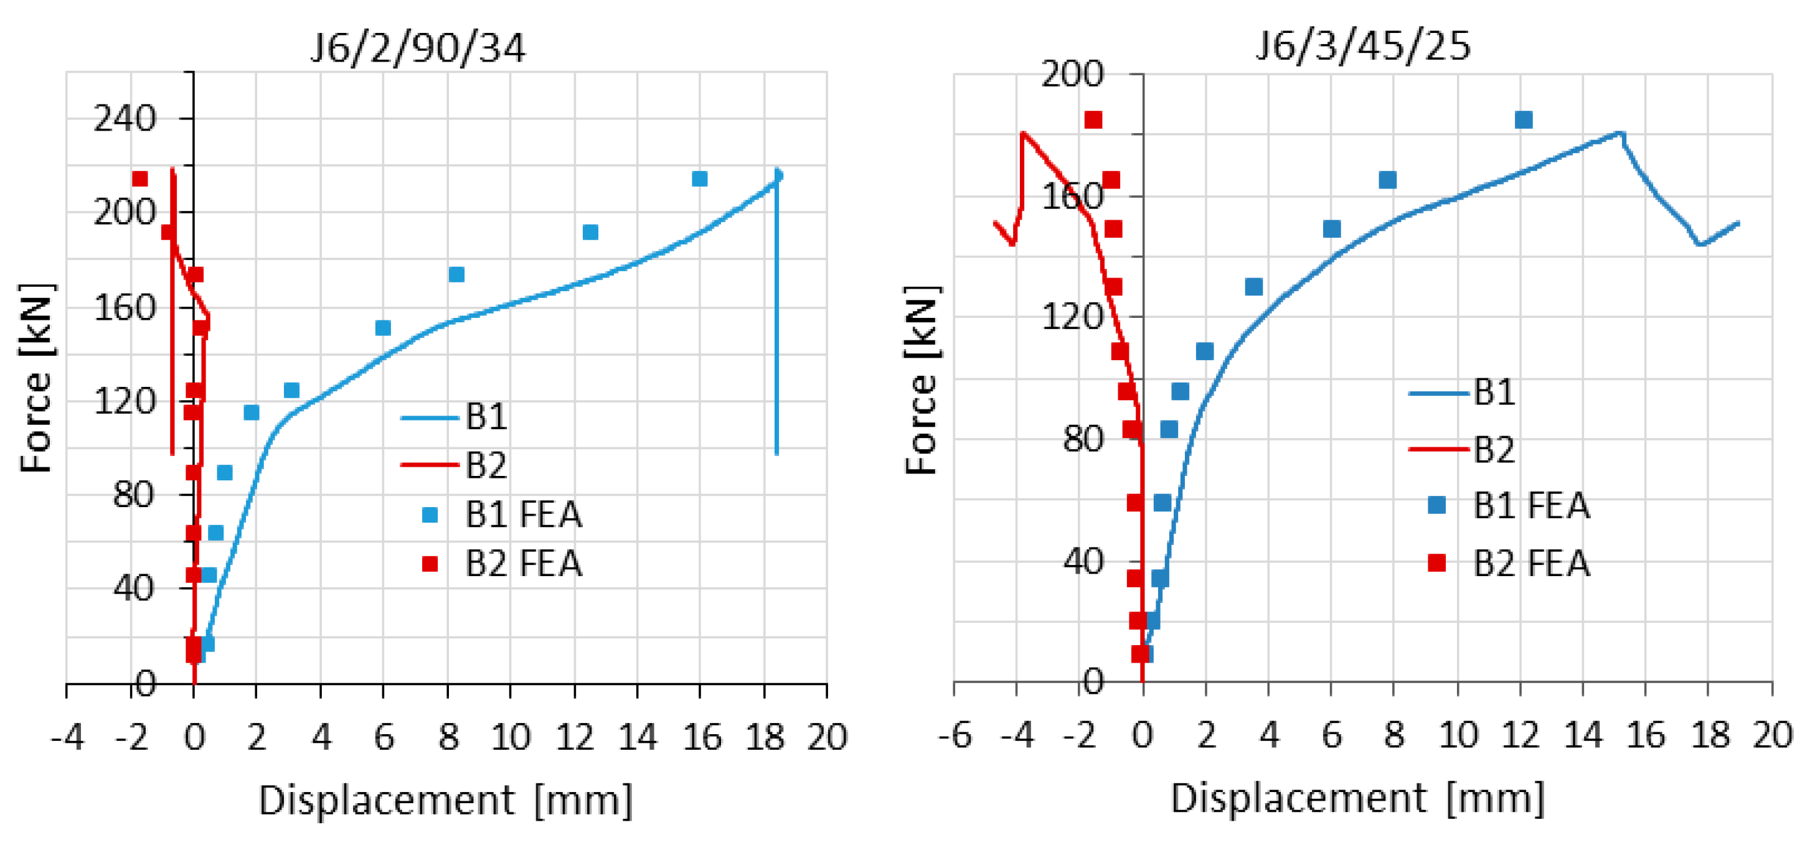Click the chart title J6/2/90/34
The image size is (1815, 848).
[418, 49]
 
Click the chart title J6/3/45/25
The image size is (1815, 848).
[1364, 46]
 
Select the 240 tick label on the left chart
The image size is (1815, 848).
[124, 118]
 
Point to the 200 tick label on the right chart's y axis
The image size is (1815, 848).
[1072, 74]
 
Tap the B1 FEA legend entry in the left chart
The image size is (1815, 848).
[523, 514]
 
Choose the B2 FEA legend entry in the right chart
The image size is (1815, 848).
[1531, 563]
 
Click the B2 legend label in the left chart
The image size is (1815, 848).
[486, 465]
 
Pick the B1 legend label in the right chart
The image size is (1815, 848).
[1494, 391]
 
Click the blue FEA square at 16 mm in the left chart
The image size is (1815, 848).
[699, 179]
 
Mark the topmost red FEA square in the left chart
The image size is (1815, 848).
[140, 179]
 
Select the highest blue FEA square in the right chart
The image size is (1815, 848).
[1524, 119]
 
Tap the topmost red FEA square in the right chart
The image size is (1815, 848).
[1093, 119]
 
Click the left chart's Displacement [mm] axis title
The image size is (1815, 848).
[445, 801]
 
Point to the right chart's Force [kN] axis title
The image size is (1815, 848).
[922, 380]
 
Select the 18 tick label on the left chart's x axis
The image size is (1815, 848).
[765, 737]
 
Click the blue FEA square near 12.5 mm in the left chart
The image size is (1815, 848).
[590, 233]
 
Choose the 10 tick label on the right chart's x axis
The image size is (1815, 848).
[1457, 735]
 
